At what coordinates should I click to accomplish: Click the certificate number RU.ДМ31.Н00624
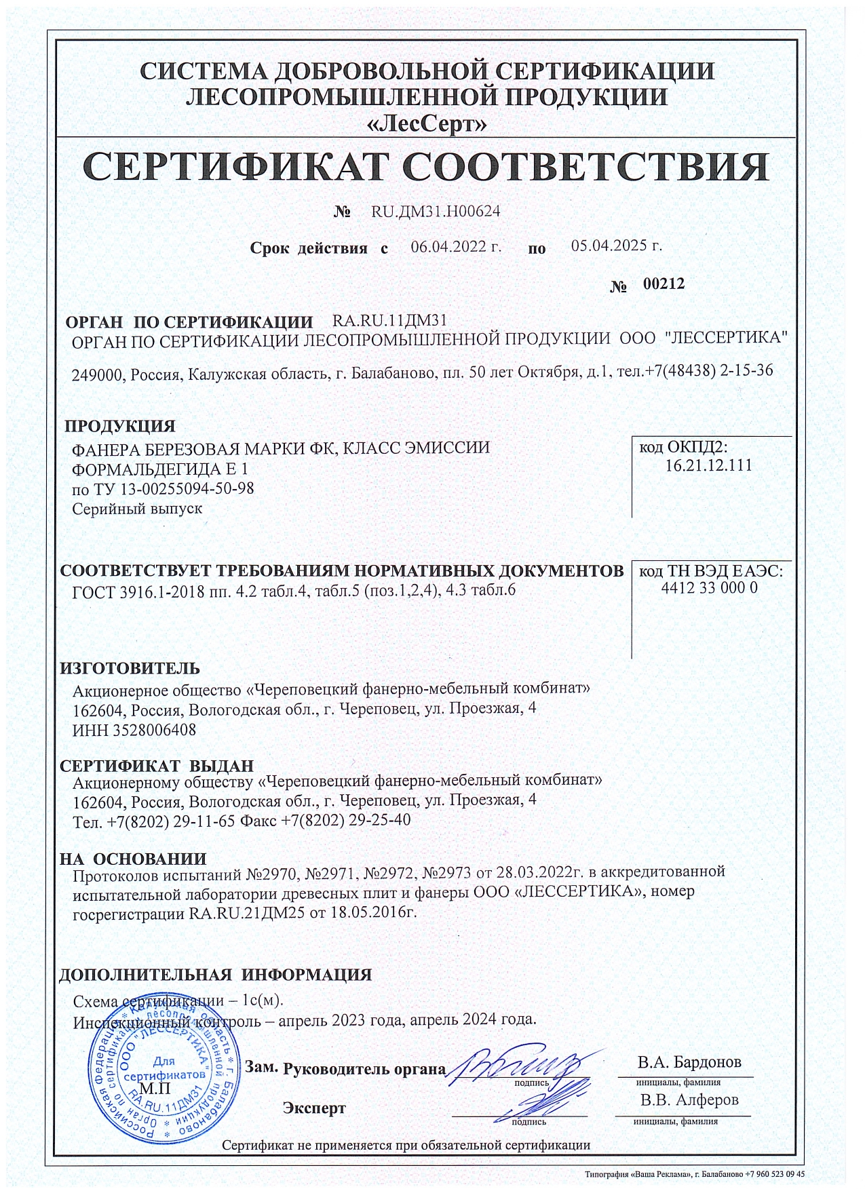[436, 212]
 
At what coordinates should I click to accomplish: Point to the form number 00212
[664, 284]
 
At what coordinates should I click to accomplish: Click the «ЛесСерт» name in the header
[427, 124]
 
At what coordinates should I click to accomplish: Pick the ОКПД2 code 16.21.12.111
[708, 466]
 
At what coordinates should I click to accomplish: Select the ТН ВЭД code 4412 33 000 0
[709, 588]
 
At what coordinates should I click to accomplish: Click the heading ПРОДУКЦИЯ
[120, 427]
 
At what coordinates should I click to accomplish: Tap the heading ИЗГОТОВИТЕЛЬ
[130, 668]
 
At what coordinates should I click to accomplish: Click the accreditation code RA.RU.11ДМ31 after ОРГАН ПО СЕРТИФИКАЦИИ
[389, 320]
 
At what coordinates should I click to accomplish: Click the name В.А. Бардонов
[689, 1062]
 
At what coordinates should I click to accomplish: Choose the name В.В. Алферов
[689, 1100]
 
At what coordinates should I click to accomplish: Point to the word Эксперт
[314, 1109]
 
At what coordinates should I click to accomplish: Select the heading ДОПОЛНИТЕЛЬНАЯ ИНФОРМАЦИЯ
[216, 975]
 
